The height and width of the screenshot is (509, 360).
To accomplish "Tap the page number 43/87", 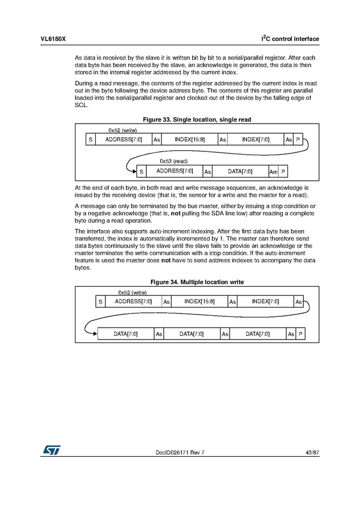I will point(312,452).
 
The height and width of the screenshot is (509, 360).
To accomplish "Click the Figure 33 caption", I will point(197,120).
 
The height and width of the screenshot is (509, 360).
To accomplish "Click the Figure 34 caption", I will point(197,282).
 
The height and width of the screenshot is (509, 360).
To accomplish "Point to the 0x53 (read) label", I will point(173,161).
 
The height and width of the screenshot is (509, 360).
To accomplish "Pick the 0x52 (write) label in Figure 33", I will point(122,130).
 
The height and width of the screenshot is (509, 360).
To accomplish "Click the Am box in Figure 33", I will point(273,171).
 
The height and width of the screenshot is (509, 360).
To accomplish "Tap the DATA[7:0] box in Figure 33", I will point(240,171).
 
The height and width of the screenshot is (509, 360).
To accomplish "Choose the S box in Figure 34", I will point(100,302).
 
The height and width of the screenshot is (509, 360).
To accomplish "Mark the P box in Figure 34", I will point(300,334).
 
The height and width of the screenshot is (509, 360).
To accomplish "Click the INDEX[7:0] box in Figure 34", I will point(265,302).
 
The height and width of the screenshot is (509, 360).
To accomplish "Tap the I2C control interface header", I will point(290,39).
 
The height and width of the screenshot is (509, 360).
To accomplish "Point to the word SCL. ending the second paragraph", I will point(82,105).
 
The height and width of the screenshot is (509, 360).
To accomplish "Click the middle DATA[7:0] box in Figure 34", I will point(192,334).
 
